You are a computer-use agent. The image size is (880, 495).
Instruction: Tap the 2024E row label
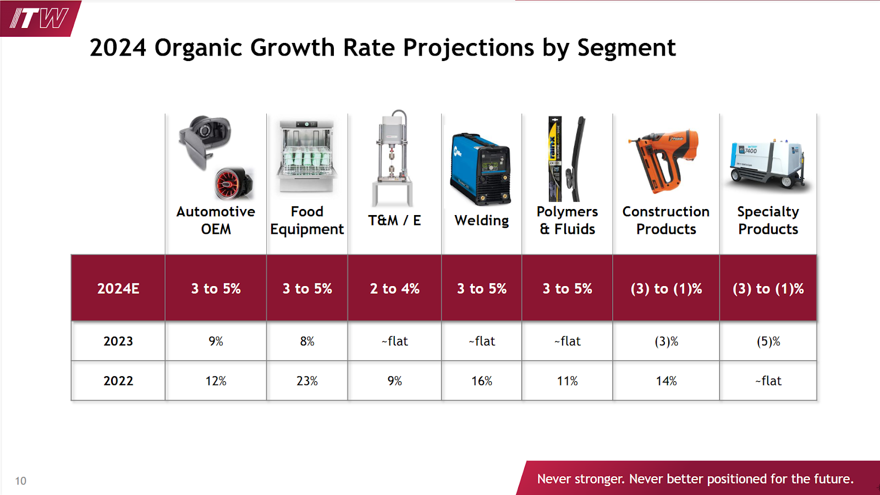[118, 289]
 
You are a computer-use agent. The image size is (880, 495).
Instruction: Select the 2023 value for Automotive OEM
[216, 342]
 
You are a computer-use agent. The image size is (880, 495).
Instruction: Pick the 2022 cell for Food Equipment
[307, 381]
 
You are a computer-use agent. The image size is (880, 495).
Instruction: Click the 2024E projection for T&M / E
[394, 289]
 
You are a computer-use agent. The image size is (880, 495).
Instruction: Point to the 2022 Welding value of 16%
[481, 381]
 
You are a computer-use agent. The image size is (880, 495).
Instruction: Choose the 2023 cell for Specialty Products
[768, 342]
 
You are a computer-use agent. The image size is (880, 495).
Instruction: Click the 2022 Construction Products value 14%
[665, 381]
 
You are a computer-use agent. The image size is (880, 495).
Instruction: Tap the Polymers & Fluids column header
[567, 220]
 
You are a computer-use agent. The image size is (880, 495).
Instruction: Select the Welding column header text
[481, 221]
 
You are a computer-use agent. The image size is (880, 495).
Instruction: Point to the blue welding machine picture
[480, 168]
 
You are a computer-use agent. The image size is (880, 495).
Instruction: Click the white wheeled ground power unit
[768, 164]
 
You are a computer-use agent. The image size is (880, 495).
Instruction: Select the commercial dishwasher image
[307, 156]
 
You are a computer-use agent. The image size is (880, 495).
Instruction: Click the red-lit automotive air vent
[233, 183]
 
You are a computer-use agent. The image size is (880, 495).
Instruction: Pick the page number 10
[20, 481]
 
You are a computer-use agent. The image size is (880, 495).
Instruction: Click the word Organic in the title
[198, 48]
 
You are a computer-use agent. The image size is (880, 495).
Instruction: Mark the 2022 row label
[118, 381]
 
